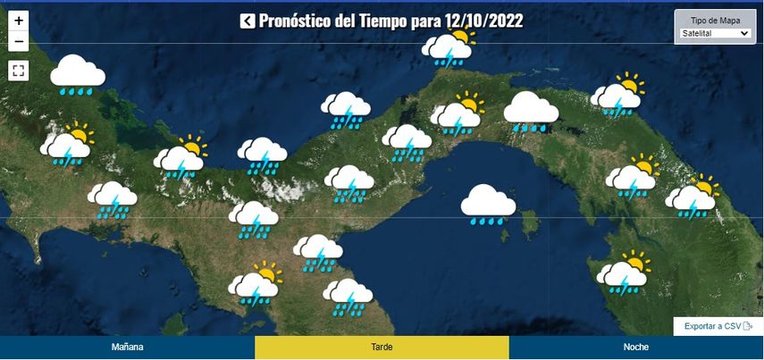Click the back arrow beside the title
click(x=248, y=21)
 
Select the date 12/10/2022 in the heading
click(x=483, y=21)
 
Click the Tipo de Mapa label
click(x=715, y=20)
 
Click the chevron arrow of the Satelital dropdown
click(x=743, y=34)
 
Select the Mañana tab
click(x=127, y=347)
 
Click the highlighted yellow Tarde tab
click(x=382, y=347)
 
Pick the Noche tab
click(x=636, y=347)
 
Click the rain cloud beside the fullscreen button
click(x=78, y=75)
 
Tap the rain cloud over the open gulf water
click(x=488, y=205)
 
